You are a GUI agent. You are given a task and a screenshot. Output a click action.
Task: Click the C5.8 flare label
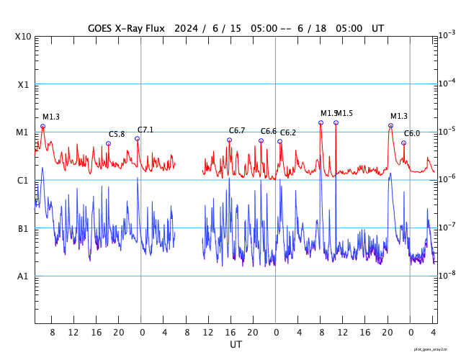(117, 135)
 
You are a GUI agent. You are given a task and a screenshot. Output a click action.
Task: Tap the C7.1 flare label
(146, 130)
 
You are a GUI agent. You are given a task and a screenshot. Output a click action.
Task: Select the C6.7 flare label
(237, 130)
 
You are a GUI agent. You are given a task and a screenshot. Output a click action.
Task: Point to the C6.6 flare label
(269, 131)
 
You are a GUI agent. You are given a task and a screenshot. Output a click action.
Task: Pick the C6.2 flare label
(288, 132)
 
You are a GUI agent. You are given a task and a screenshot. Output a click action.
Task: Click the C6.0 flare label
(412, 134)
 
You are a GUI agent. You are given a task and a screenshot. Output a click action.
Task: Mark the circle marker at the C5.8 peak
(109, 143)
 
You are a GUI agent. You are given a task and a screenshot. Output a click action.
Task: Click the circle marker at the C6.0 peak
(403, 143)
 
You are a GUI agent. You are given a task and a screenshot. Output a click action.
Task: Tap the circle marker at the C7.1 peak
(137, 138)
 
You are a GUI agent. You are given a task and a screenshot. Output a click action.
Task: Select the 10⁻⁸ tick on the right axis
(447, 275)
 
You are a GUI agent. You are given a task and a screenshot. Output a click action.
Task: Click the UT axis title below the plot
(236, 345)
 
